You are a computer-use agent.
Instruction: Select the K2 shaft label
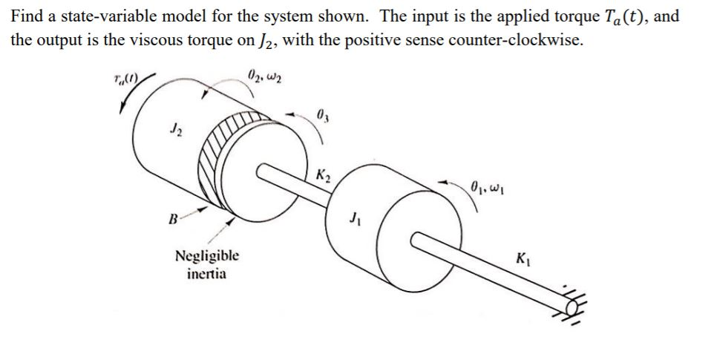tap(323, 177)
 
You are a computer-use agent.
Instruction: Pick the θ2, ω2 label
tap(263, 74)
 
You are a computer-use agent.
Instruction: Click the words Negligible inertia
tap(207, 264)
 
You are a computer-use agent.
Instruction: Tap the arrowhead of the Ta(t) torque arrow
tap(120, 108)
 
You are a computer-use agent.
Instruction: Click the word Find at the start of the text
tap(26, 16)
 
